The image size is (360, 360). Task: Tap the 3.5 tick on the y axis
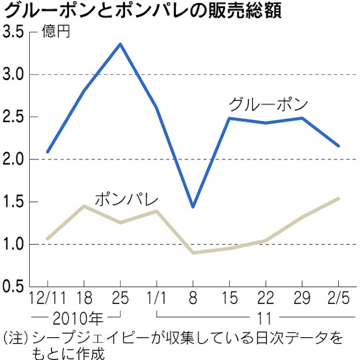pos(15,33)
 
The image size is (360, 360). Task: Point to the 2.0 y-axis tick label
pos(15,159)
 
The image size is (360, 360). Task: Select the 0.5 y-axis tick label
pos(15,286)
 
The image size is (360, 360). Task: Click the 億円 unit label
pos(57,33)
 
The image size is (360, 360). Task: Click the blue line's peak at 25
pos(120,44)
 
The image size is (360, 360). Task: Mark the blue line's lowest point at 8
pos(193,206)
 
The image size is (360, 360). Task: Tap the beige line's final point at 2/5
pos(338,199)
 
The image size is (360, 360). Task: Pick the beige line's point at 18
pos(84,205)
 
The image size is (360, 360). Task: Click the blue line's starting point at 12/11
pos(48,152)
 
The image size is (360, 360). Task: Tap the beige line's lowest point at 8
pos(193,253)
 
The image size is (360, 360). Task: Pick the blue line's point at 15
pos(229,118)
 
